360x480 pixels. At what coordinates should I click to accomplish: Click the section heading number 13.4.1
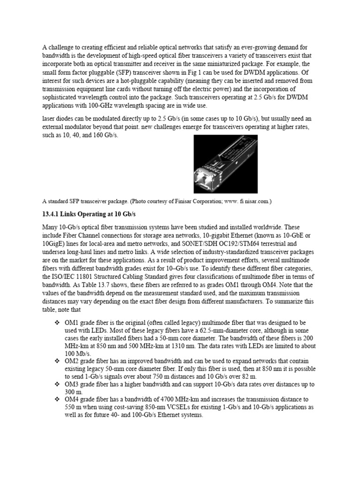click(x=52, y=214)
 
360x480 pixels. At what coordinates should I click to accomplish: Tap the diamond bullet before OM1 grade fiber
click(x=57, y=323)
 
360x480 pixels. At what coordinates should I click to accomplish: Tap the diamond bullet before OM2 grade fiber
click(x=57, y=361)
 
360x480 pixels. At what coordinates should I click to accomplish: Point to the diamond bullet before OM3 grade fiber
click(x=57, y=384)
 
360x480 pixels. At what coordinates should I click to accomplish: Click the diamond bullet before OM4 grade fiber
click(x=57, y=399)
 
